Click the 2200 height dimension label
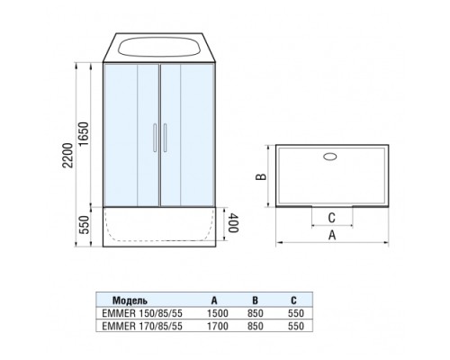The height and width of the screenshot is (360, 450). click(x=68, y=156)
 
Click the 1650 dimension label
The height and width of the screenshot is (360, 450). click(x=84, y=134)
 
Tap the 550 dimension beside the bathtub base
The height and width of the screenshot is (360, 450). click(x=85, y=225)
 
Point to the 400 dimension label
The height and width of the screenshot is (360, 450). click(x=233, y=223)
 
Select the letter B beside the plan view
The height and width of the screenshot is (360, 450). click(x=261, y=177)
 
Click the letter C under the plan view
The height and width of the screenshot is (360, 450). click(x=331, y=218)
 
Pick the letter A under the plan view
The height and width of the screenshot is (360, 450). click(x=332, y=235)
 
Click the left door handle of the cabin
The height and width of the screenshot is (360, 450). click(x=155, y=138)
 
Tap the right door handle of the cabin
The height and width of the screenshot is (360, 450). click(x=165, y=138)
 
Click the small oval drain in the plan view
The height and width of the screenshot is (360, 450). click(x=330, y=157)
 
